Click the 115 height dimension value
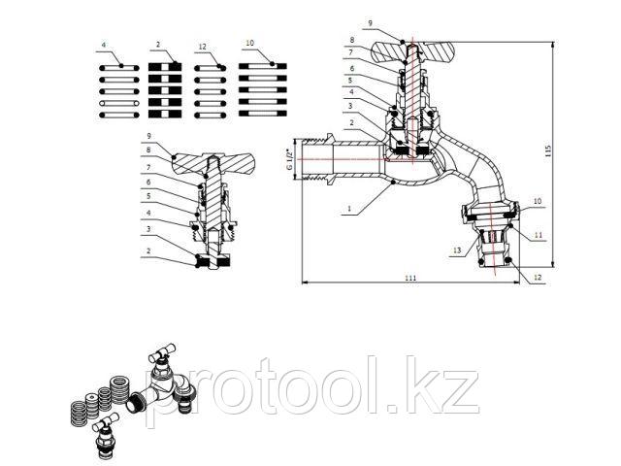(x=548, y=150)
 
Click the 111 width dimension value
(x=410, y=278)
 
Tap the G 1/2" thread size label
(x=289, y=159)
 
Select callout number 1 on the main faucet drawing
(x=349, y=208)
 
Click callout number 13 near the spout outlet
(x=457, y=250)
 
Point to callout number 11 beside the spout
(x=538, y=235)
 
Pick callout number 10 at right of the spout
(x=537, y=201)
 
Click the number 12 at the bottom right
(x=537, y=278)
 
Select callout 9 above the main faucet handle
(x=371, y=23)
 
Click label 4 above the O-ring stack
(x=104, y=46)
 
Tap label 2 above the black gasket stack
(x=158, y=45)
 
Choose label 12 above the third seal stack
(x=203, y=47)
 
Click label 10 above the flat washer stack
(x=250, y=43)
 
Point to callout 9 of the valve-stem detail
(x=148, y=136)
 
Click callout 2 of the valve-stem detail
(x=148, y=250)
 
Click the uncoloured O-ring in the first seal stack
(x=118, y=104)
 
